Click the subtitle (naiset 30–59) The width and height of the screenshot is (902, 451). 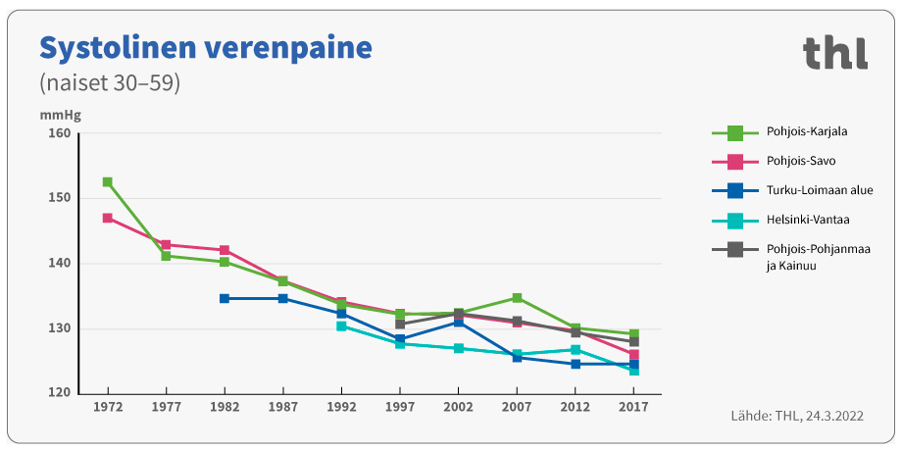tap(109, 82)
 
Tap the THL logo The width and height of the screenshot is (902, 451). tap(834, 53)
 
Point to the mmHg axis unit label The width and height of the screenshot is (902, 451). tap(60, 114)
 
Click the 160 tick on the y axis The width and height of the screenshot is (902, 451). tap(61, 133)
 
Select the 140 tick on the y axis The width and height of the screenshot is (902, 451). tap(61, 264)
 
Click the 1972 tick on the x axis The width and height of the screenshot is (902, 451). tap(107, 405)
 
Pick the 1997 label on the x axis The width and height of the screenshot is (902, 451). tap(400, 405)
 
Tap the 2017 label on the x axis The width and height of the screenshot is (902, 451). tap(633, 405)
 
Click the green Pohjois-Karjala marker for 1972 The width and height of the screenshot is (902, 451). tap(107, 182)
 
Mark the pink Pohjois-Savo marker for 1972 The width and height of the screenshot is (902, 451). tap(107, 218)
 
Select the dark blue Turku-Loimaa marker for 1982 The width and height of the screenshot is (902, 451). tap(225, 298)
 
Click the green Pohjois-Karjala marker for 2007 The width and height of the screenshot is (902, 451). tap(517, 297)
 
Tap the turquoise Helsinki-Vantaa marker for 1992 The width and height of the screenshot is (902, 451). tap(341, 326)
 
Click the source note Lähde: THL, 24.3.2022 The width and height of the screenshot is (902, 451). tap(796, 416)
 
